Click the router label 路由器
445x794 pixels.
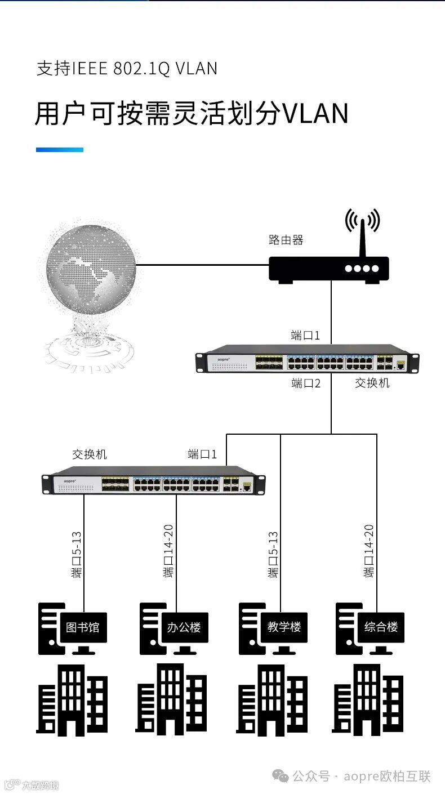tap(286, 240)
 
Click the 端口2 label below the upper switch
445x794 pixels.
tap(305, 384)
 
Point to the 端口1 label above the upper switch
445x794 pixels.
tap(305, 336)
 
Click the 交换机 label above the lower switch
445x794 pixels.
tap(89, 454)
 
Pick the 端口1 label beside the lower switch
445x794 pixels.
tap(202, 454)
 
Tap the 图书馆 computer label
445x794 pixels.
tap(82, 627)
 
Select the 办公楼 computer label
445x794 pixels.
tap(184, 627)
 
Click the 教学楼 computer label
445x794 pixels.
tap(284, 627)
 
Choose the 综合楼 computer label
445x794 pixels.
tap(381, 627)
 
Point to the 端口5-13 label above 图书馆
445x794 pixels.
tap(77, 554)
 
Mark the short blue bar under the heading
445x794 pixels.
tap(59, 150)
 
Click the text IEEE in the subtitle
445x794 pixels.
tap(89, 69)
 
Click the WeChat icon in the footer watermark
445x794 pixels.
tap(281, 776)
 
